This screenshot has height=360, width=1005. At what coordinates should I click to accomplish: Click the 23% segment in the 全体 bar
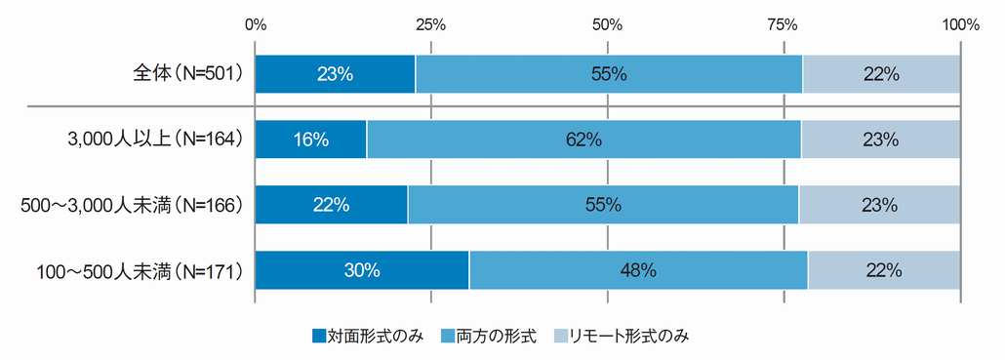(336, 74)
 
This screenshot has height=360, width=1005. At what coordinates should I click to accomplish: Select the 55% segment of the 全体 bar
(609, 74)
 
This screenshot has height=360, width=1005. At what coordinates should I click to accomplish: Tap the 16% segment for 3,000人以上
(311, 140)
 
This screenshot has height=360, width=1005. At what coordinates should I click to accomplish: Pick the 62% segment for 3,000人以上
(583, 140)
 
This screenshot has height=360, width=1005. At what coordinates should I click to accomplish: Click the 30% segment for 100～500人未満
(362, 270)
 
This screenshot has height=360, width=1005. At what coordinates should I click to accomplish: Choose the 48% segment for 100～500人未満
(638, 270)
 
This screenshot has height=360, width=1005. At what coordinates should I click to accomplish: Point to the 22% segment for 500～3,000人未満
(332, 205)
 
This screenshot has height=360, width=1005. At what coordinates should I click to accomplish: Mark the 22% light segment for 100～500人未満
(884, 270)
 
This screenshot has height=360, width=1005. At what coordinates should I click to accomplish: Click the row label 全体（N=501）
(187, 74)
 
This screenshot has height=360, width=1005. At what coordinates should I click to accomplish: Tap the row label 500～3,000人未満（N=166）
(132, 205)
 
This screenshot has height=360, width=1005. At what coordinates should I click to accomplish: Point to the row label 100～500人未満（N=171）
(138, 270)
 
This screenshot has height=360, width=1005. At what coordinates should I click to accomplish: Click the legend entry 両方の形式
(489, 337)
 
